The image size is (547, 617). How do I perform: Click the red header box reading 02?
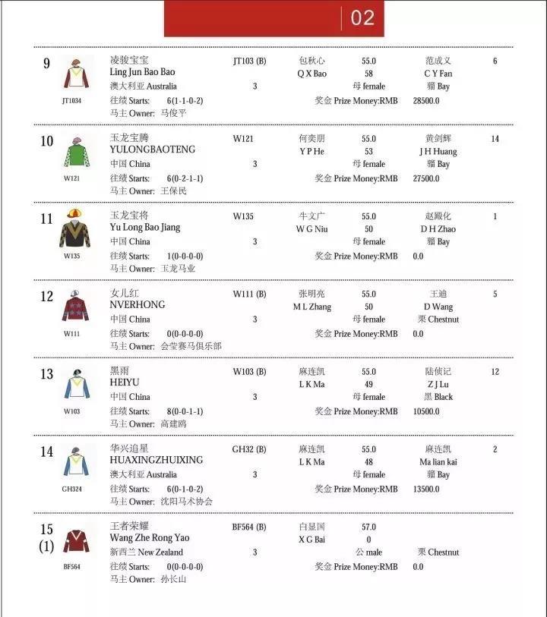click(x=274, y=18)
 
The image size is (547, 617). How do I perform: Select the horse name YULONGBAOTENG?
click(x=152, y=150)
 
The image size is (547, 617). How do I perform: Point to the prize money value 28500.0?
click(x=426, y=100)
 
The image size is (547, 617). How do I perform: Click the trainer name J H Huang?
click(x=438, y=151)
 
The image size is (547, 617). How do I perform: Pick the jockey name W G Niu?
click(x=313, y=228)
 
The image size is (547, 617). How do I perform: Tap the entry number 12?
click(x=47, y=297)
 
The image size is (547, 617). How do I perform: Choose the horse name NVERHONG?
click(x=138, y=306)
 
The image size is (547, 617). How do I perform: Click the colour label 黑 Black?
click(x=438, y=397)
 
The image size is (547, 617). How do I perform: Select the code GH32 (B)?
click(x=249, y=449)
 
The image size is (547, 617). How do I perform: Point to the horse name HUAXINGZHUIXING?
click(x=157, y=461)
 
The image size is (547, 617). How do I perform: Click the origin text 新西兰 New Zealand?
click(x=146, y=552)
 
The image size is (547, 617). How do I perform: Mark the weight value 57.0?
click(x=368, y=526)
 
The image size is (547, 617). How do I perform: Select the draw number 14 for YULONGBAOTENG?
click(x=495, y=139)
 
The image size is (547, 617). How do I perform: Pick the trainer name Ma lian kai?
click(x=438, y=461)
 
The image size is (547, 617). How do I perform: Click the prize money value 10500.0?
click(x=426, y=411)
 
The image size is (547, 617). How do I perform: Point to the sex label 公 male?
click(x=368, y=552)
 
